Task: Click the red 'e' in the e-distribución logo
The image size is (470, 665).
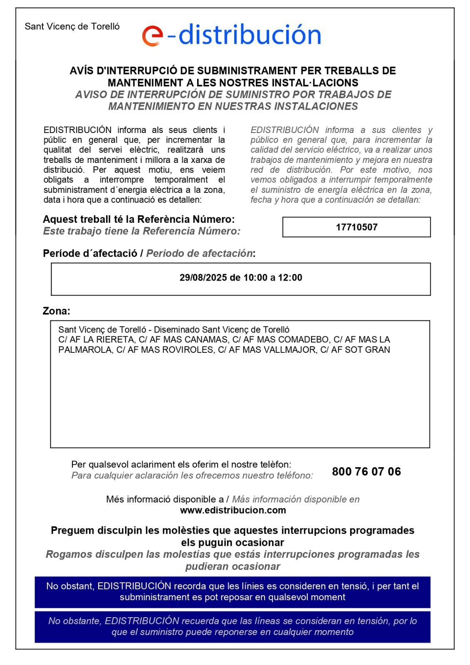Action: coord(153,36)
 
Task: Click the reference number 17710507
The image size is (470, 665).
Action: coord(356,227)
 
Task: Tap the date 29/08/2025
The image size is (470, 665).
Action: coord(203,278)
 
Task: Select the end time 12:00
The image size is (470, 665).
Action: coord(290,278)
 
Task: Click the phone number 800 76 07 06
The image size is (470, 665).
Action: coord(366,471)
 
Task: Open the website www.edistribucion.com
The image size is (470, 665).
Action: coord(233,510)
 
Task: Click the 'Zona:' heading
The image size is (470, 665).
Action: coord(57,311)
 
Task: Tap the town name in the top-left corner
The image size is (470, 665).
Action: coord(72,27)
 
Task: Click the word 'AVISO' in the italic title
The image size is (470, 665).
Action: coord(90,95)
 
